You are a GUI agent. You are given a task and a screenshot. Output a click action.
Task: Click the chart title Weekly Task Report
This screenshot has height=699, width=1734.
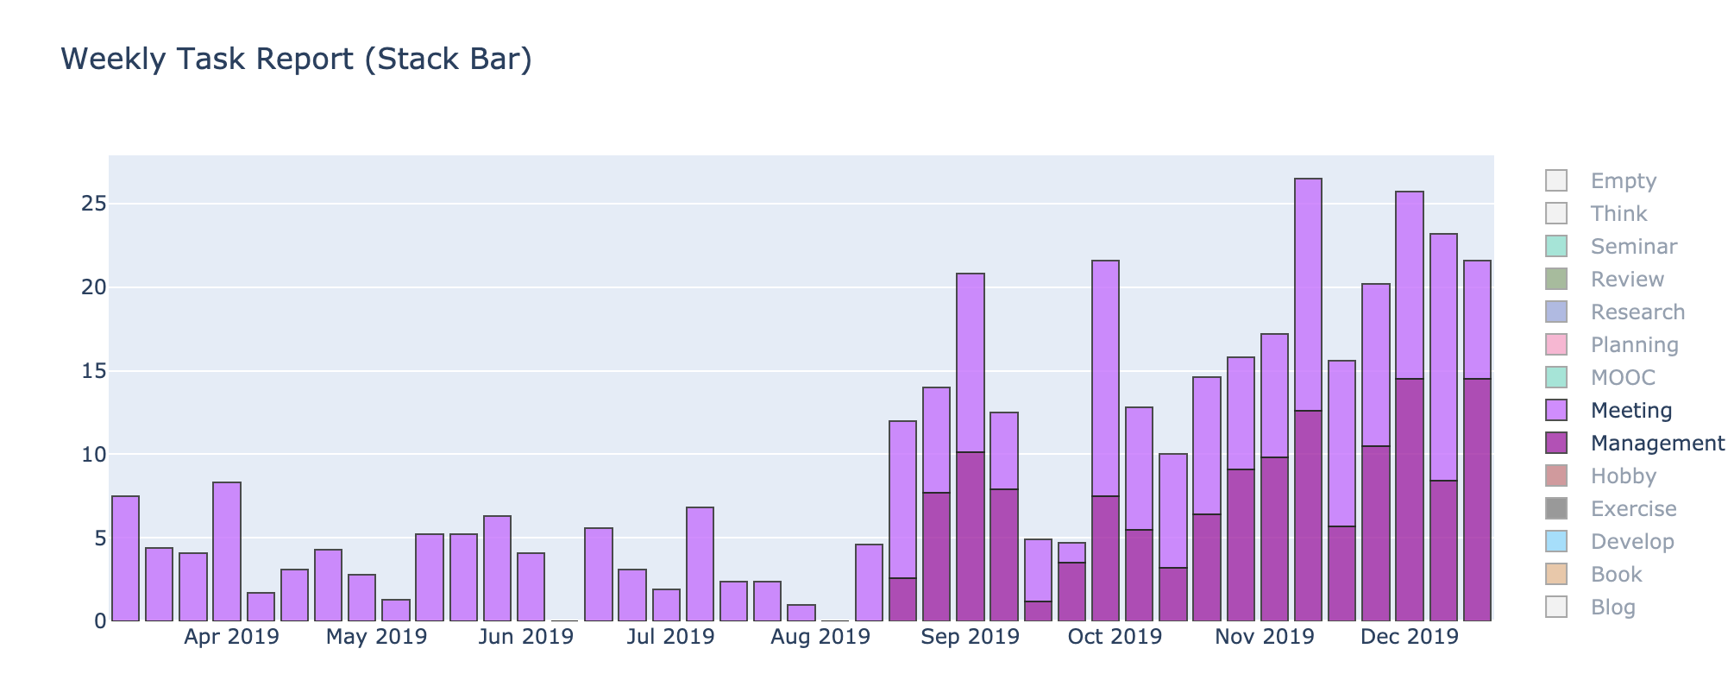(x=296, y=60)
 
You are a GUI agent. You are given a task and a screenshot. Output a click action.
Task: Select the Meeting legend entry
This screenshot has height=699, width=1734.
(x=1630, y=411)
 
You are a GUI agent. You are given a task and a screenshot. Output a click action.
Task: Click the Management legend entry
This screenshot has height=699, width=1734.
(x=1656, y=444)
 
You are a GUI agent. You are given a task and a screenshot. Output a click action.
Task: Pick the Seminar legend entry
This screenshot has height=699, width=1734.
(x=1633, y=247)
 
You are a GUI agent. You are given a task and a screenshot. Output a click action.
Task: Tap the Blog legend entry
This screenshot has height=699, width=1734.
(x=1612, y=608)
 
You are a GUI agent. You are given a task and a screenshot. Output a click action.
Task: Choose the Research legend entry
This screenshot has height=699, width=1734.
(x=1637, y=312)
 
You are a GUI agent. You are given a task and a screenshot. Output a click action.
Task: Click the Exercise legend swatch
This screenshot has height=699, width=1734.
(x=1556, y=509)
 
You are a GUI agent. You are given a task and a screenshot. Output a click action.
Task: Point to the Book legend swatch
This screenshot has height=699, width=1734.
(x=1556, y=575)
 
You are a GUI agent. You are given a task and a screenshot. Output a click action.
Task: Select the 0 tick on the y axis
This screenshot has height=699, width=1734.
(x=99, y=621)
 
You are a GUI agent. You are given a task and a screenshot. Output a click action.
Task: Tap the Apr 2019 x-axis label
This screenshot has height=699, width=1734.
(x=231, y=638)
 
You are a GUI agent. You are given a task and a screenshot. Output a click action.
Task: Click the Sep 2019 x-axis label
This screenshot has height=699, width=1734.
(x=970, y=638)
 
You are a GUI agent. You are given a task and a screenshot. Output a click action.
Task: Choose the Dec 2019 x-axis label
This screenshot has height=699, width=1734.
(x=1409, y=638)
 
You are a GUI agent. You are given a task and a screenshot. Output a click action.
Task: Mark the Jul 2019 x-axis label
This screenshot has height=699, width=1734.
(x=670, y=638)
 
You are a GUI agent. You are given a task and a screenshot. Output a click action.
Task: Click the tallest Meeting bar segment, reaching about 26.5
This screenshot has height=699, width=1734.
(x=1308, y=293)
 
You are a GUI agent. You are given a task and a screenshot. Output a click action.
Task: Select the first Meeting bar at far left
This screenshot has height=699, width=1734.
(x=125, y=558)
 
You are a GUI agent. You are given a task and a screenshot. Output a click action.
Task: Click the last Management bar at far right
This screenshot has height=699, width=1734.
(x=1477, y=501)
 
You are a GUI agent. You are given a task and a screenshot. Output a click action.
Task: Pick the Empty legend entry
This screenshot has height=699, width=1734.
(x=1623, y=181)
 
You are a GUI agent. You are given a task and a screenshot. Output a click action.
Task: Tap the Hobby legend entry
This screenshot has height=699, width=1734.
(x=1623, y=476)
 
